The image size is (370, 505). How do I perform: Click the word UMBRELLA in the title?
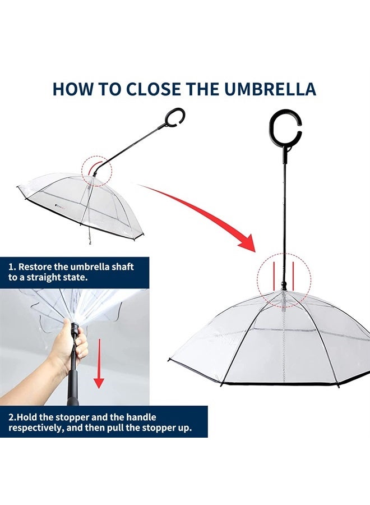pyautogui.click(x=270, y=89)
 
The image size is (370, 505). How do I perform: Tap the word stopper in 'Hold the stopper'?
pyautogui.click(x=72, y=417)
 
